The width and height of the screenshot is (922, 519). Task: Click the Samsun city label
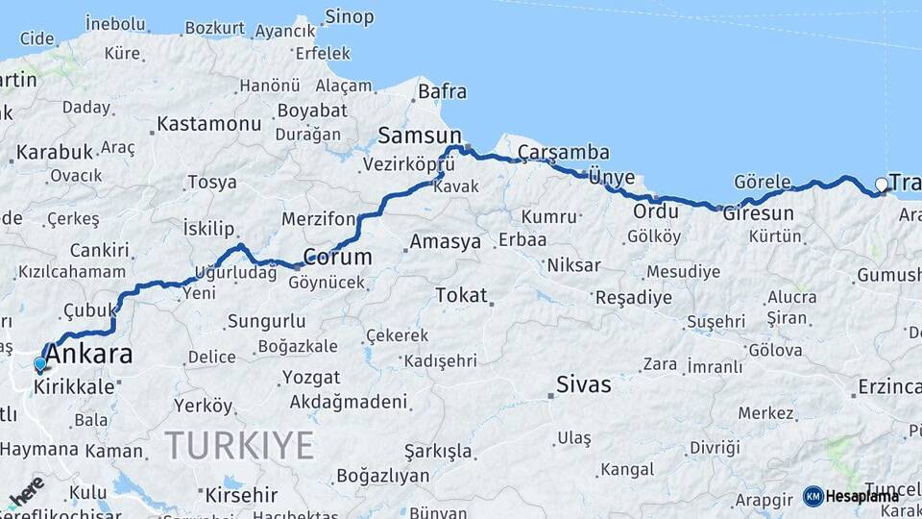click(420, 136)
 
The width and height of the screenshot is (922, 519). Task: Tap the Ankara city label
click(88, 355)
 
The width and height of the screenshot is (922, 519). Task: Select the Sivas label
click(584, 385)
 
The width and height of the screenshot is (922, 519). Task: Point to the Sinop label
click(349, 16)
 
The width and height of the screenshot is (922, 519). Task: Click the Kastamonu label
click(208, 124)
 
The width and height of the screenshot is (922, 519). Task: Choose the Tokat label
click(461, 295)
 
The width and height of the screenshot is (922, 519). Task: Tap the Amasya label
click(445, 241)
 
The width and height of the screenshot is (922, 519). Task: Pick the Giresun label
click(759, 213)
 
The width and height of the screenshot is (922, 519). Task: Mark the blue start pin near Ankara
click(39, 364)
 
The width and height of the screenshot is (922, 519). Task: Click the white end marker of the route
click(882, 185)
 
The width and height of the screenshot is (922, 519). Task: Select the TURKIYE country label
click(239, 445)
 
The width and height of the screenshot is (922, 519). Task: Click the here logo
click(26, 490)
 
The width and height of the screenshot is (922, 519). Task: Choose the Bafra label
click(442, 92)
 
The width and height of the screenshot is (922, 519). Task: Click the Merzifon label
click(318, 219)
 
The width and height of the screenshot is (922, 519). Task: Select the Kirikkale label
click(74, 386)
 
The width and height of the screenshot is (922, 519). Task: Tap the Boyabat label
click(312, 111)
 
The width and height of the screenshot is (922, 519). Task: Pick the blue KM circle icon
click(813, 496)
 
